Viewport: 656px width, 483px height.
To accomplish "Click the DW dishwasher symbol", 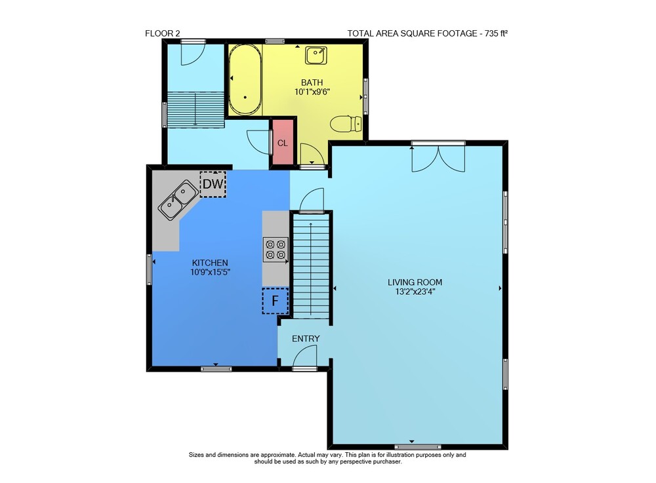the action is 213,184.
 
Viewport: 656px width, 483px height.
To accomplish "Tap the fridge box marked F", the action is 276,300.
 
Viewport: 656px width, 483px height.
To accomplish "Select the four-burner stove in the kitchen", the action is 276,250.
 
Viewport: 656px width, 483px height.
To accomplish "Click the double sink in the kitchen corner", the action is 178,200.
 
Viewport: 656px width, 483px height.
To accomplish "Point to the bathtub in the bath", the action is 245,79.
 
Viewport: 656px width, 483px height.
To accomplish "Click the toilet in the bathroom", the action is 346,124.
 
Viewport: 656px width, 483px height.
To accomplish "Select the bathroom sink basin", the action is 316,56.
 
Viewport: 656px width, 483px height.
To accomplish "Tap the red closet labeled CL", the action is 283,142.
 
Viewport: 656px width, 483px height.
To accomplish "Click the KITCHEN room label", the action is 210,263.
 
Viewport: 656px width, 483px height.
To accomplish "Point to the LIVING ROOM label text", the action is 415,282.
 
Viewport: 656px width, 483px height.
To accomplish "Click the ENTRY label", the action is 306,338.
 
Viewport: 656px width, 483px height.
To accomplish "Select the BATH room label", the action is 312,83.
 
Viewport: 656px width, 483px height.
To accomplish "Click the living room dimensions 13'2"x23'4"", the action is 415,292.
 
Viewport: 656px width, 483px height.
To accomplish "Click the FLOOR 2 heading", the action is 162,33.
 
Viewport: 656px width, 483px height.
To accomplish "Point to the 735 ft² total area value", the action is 496,33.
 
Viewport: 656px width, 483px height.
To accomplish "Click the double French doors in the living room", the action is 438,157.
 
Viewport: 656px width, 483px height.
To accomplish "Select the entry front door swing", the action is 305,358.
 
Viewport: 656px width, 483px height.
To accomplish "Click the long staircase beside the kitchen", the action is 311,267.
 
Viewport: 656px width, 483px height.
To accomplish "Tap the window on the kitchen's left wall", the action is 150,269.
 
